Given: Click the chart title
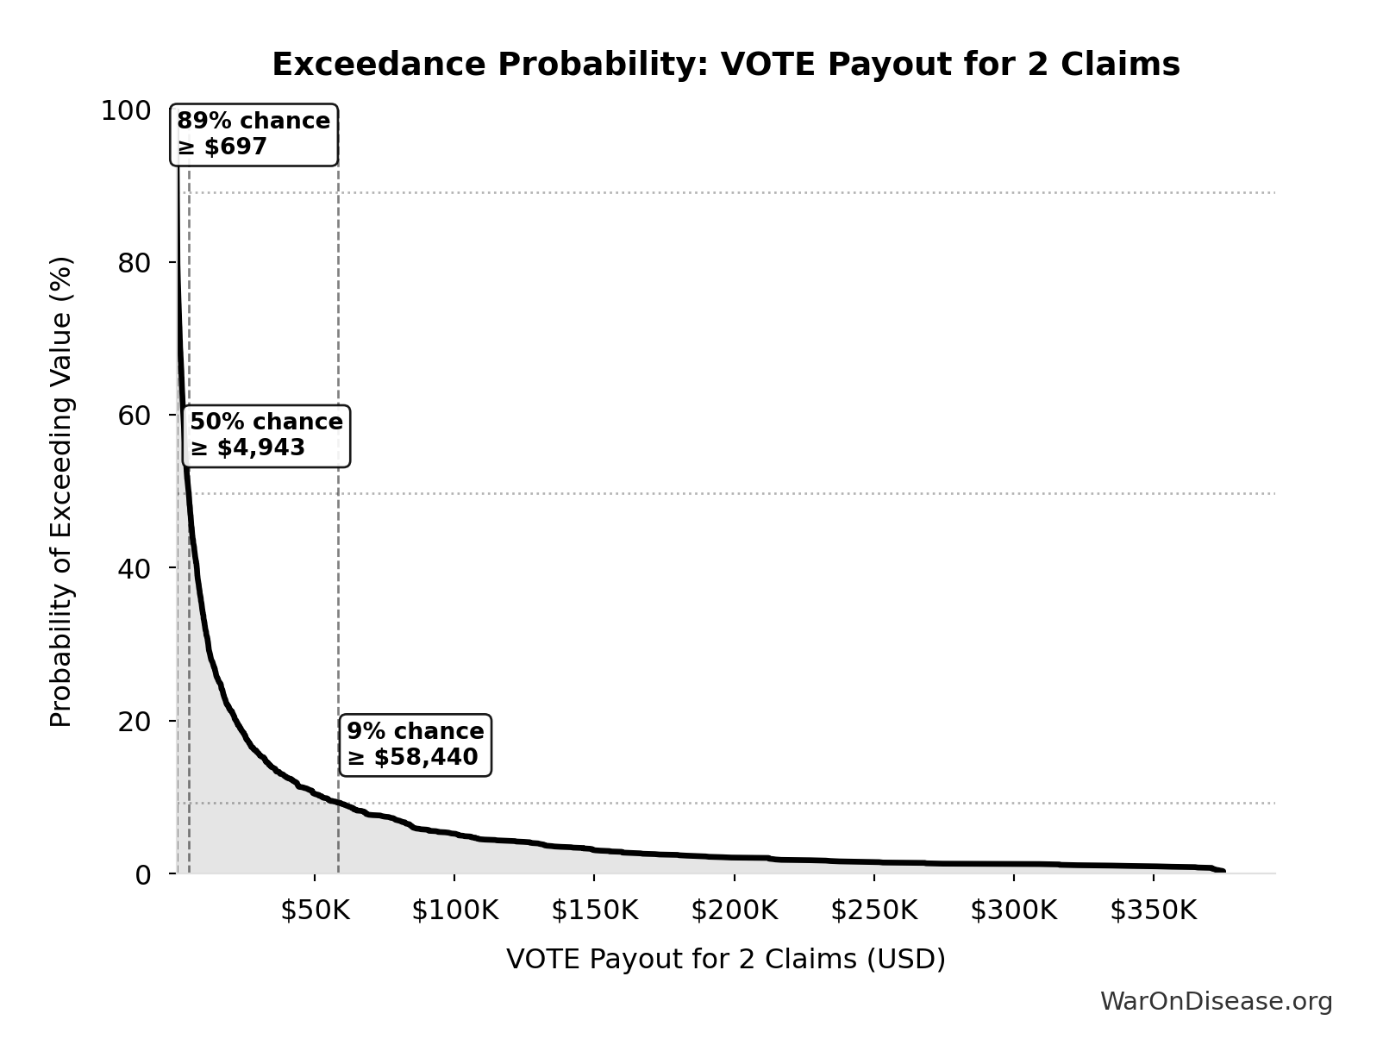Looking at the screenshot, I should click(725, 65).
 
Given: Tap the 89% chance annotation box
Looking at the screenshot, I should click(254, 135).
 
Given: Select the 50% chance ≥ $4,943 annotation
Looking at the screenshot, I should click(266, 435).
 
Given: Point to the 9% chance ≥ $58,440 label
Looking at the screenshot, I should click(415, 745).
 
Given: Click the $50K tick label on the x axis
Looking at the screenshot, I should click(315, 911).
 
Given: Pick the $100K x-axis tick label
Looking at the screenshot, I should click(454, 911).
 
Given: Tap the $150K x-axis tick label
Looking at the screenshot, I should click(594, 911).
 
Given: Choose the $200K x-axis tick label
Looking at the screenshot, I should click(734, 911).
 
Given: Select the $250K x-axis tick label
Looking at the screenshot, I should click(873, 911).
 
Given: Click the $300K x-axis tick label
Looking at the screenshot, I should click(1013, 911).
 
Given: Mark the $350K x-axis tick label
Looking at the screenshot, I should click(1153, 911).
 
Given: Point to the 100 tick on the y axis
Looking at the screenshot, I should click(125, 110).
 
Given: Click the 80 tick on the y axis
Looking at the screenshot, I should click(134, 263).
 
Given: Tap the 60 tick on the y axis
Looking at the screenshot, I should click(134, 416).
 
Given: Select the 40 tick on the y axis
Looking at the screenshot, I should click(134, 568).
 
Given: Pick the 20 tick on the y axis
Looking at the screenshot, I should click(134, 721).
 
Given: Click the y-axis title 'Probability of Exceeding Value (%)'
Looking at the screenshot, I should click(61, 491).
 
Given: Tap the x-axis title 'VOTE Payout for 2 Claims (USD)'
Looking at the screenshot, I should click(725, 959).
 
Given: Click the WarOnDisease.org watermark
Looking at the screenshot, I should click(1216, 1001).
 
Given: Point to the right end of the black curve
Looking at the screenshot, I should click(1222, 871).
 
